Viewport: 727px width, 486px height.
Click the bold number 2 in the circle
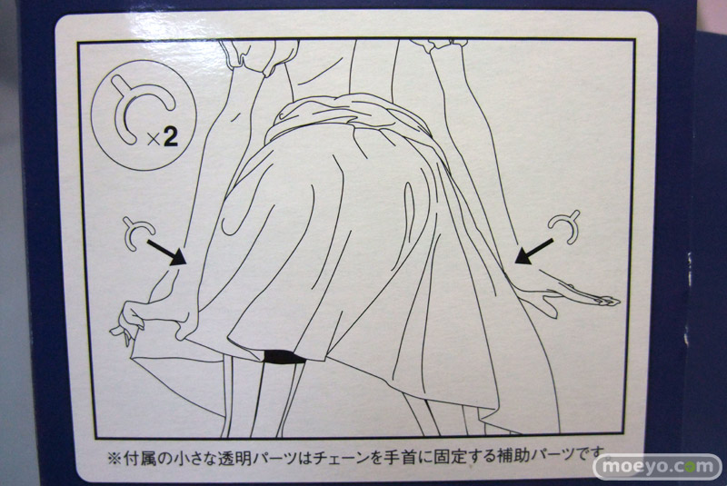(171, 137)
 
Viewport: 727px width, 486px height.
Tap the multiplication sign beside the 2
(154, 140)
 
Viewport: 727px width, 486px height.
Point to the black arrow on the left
(167, 252)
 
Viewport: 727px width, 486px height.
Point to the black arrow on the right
(534, 252)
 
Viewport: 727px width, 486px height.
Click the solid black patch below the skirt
(284, 357)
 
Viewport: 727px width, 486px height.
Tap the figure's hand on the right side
(571, 293)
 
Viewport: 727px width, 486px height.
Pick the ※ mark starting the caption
(115, 459)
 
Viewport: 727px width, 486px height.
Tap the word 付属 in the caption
(139, 459)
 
